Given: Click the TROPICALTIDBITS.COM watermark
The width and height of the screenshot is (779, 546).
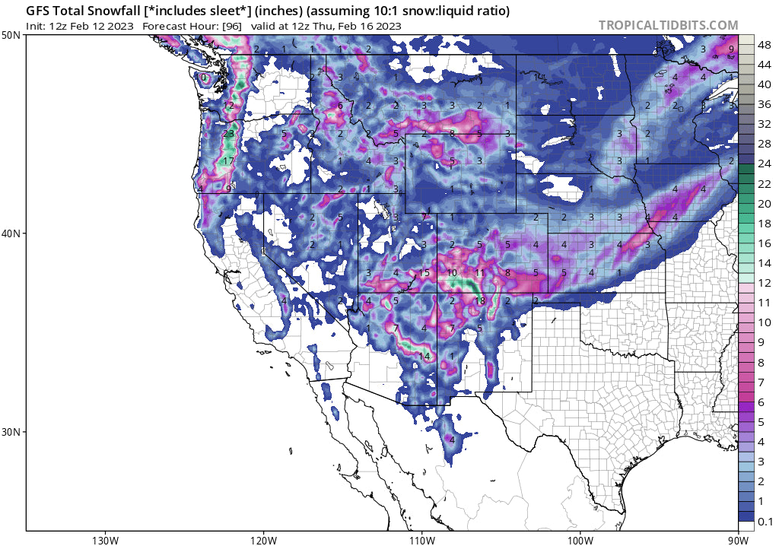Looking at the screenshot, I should [x=668, y=25].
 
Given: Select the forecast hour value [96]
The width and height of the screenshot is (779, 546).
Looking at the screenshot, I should [x=236, y=26].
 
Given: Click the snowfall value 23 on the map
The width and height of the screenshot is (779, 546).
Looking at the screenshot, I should [x=228, y=134].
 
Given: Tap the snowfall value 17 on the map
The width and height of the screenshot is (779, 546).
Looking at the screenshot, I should [x=228, y=161].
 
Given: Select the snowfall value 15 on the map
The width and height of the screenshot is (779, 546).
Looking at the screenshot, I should [x=424, y=273].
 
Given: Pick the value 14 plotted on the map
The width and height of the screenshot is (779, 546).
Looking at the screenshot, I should [x=424, y=357].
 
